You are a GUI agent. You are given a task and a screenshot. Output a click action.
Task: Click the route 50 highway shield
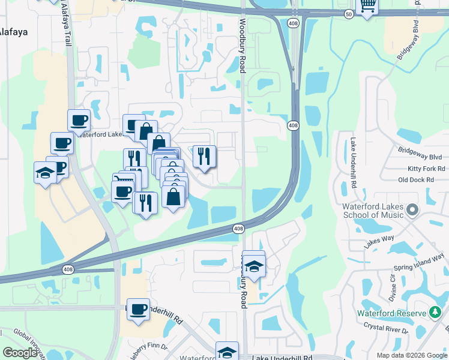pos(349,13)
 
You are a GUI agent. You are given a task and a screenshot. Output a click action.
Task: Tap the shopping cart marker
pos(367,7)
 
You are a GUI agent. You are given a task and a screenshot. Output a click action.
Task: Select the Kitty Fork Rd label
pos(426,169)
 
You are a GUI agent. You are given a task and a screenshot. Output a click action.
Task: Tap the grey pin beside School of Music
pos(412,210)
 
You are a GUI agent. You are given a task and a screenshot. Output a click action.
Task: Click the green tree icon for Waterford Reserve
pos(435,313)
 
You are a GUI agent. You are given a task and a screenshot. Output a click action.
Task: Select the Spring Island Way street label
pos(419,262)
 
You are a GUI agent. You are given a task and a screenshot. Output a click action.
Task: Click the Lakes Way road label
pos(379,242)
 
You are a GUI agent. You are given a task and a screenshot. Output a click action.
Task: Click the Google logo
pos(20,353)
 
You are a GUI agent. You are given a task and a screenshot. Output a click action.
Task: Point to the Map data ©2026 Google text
pos(411,355)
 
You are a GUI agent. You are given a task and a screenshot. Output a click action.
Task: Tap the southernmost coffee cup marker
pos(138,310)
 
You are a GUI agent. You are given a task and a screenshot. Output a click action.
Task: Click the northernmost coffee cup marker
pos(78,120)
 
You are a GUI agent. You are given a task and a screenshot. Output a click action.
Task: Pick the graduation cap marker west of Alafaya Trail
pos(45,173)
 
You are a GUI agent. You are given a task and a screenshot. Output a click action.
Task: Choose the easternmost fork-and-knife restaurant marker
pos(204,157)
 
